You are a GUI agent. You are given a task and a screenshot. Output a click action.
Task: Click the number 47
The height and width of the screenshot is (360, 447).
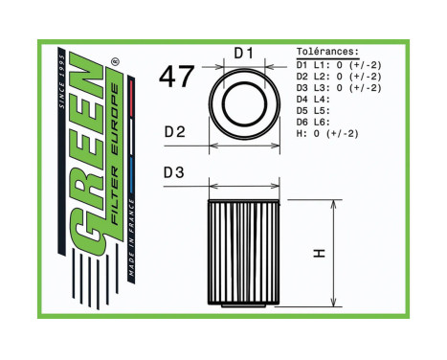[x=177, y=78]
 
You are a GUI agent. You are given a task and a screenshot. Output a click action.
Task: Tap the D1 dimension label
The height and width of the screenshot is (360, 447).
[x=243, y=54]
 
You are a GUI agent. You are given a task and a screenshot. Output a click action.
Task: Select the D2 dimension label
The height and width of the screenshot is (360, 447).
[x=173, y=131]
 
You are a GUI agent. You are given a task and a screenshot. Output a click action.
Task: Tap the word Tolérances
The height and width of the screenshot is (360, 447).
[x=328, y=51]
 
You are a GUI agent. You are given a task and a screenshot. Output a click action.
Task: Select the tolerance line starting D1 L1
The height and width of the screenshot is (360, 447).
[x=339, y=63]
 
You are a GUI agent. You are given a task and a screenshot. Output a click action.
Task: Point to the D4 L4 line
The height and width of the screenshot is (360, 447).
[x=313, y=99]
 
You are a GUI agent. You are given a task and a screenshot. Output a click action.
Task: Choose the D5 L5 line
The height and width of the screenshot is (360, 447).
[x=313, y=110]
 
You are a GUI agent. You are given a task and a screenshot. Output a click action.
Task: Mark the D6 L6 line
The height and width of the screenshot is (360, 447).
[x=313, y=123]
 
